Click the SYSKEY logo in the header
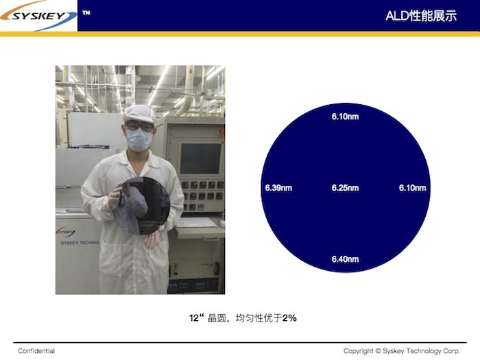click(x=38, y=15)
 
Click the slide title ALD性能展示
click(x=421, y=16)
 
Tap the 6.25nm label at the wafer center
click(x=345, y=188)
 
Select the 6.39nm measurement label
click(x=278, y=188)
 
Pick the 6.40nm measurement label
click(x=345, y=259)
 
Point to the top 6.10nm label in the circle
click(x=345, y=117)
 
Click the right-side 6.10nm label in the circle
click(x=412, y=188)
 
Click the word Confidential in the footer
click(x=36, y=351)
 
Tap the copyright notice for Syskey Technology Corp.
click(x=402, y=351)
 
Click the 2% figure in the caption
click(x=289, y=318)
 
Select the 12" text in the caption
click(x=196, y=318)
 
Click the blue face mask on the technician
click(x=139, y=139)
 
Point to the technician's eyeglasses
click(x=139, y=126)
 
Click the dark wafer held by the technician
click(x=143, y=206)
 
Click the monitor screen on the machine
click(x=200, y=158)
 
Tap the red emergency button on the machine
click(x=221, y=132)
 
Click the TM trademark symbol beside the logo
click(x=86, y=13)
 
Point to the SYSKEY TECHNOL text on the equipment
click(x=80, y=243)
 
